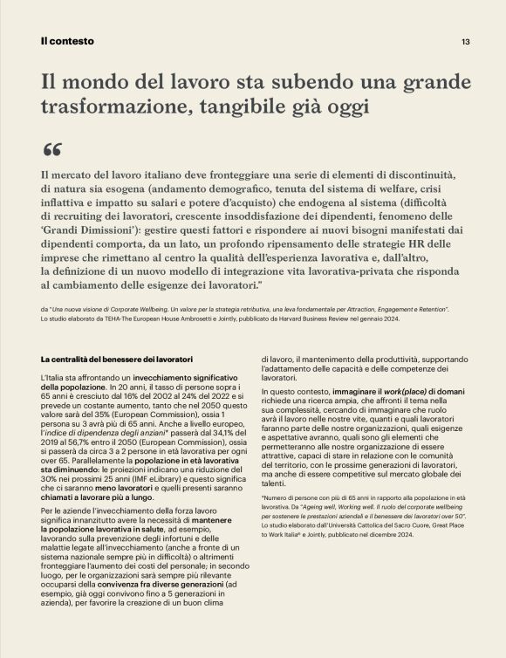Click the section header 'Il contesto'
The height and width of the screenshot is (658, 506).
(67, 41)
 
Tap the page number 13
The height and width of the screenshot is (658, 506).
(466, 41)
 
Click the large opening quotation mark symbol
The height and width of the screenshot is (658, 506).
(52, 148)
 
